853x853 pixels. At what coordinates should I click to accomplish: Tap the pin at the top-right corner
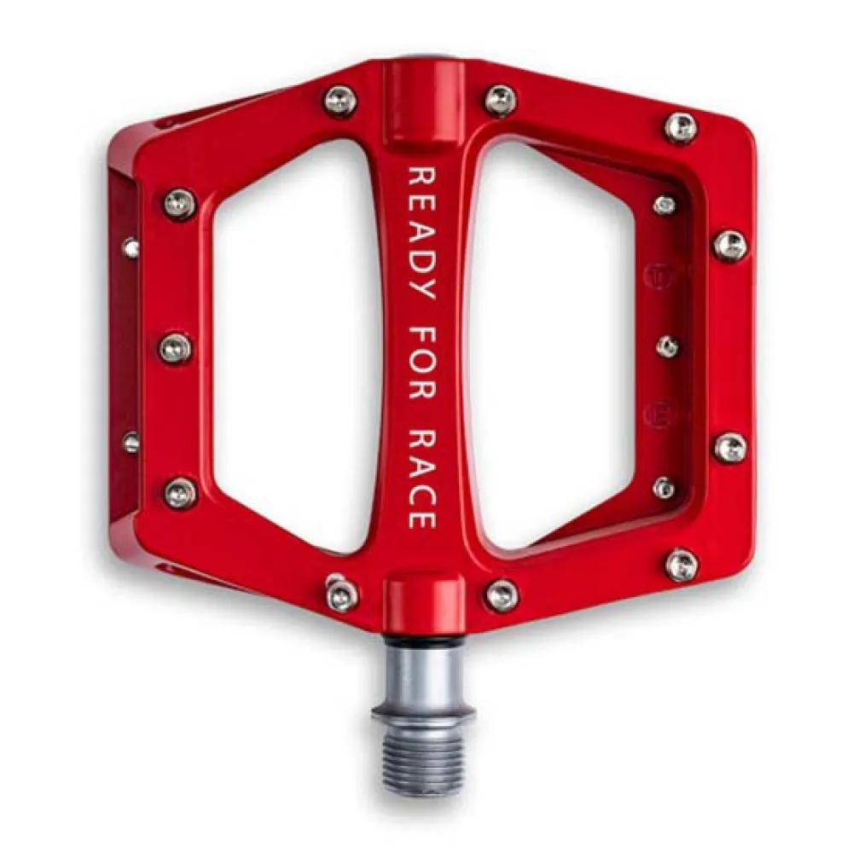coord(681,127)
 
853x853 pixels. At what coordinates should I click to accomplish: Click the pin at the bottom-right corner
coord(681,564)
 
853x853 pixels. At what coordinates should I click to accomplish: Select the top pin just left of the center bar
coord(340,102)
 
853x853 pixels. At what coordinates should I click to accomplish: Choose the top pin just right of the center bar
coord(501,100)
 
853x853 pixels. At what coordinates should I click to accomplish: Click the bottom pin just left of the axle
coord(340,593)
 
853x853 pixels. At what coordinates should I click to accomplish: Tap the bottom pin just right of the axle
coord(502,595)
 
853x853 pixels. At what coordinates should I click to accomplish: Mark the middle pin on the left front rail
coord(176,348)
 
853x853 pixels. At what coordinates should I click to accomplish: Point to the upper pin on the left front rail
coord(179,204)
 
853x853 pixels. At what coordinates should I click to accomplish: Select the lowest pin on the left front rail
coord(179,492)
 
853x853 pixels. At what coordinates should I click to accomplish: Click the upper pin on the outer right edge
coord(730,246)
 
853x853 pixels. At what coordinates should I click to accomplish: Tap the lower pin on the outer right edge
coord(730,447)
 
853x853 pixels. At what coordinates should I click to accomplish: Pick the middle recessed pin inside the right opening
coord(668,346)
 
